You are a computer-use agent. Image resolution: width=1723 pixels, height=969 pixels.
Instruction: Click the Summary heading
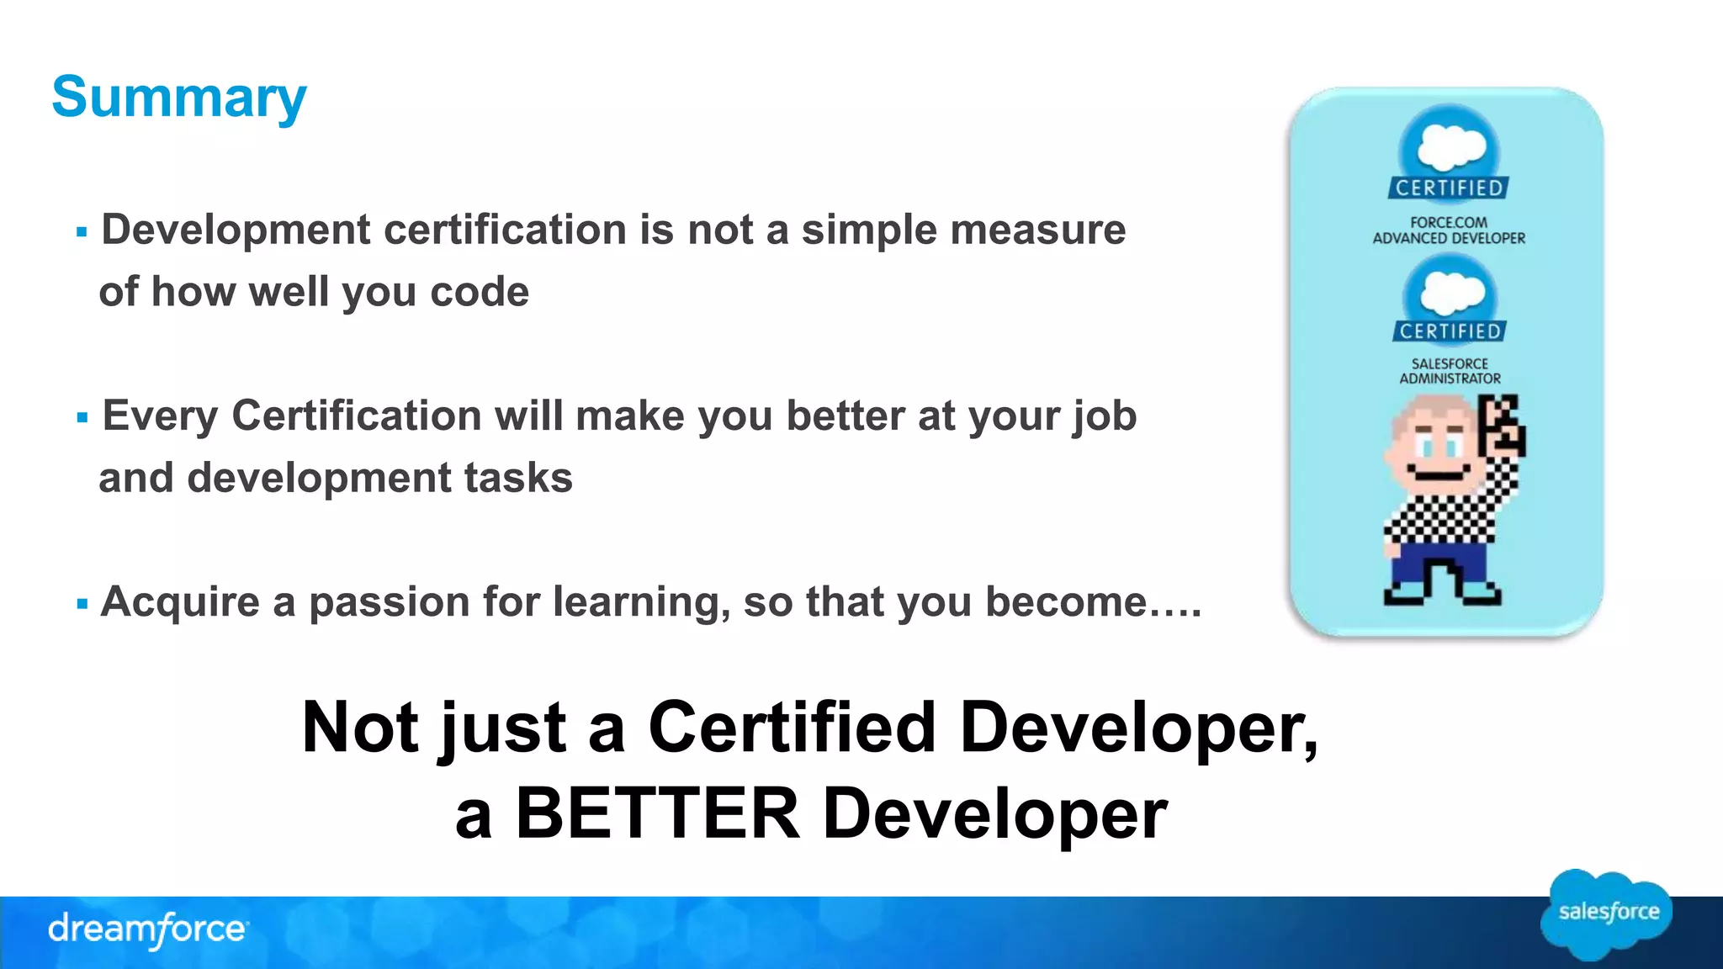[x=179, y=98]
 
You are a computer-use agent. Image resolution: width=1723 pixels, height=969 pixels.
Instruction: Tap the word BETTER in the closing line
[x=658, y=813]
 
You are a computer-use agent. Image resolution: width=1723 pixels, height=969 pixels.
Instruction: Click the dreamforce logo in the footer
[x=147, y=929]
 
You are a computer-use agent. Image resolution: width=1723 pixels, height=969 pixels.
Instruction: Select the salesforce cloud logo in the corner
[x=1607, y=913]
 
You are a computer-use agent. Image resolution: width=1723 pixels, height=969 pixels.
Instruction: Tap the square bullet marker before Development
[x=82, y=231]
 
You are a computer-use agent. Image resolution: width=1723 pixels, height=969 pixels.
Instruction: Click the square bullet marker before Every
[x=82, y=417]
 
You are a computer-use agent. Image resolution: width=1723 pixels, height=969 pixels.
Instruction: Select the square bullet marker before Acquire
[x=82, y=603]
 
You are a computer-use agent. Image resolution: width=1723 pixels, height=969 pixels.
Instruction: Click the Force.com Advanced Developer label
[x=1449, y=230]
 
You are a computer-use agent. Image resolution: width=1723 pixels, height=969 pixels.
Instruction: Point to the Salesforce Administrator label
[x=1450, y=371]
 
